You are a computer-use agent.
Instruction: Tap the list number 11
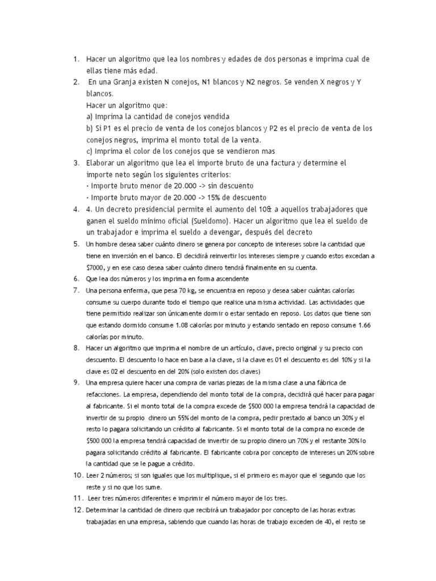click(x=78, y=498)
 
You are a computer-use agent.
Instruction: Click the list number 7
click(x=76, y=290)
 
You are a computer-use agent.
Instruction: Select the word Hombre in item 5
click(x=106, y=244)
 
